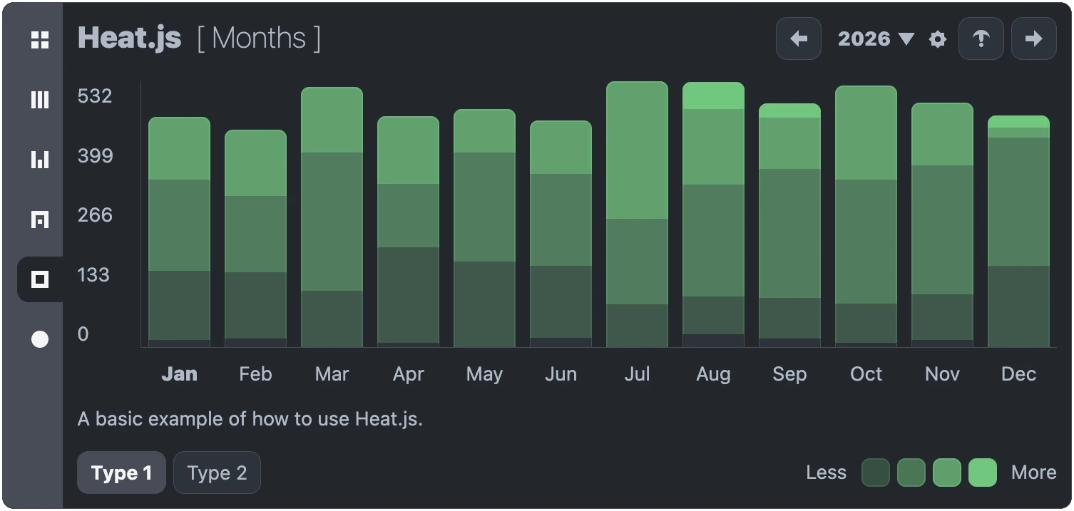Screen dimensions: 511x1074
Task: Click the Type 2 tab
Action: (x=217, y=473)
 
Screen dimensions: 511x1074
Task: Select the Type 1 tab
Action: (x=121, y=473)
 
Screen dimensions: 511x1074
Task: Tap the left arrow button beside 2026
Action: (x=799, y=38)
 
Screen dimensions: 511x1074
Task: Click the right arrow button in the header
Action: (x=1033, y=38)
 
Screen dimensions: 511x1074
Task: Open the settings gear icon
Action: (x=938, y=39)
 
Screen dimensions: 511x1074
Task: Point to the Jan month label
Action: (x=179, y=374)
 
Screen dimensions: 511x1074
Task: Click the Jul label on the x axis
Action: (x=637, y=374)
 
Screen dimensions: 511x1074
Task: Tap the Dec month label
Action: (x=1018, y=374)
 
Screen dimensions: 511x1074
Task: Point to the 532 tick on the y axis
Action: (x=95, y=96)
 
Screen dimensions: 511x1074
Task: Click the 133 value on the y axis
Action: (x=93, y=275)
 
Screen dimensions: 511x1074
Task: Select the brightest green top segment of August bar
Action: (x=713, y=96)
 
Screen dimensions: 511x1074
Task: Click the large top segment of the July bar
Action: (x=637, y=150)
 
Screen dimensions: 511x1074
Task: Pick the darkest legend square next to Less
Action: (x=875, y=473)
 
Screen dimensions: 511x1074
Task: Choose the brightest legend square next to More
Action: (x=982, y=473)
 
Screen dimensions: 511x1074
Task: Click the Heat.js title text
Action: (x=129, y=38)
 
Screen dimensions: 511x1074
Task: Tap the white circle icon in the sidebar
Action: (x=40, y=339)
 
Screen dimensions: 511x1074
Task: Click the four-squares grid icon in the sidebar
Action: (x=40, y=40)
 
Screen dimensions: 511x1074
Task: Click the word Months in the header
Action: (x=258, y=38)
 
